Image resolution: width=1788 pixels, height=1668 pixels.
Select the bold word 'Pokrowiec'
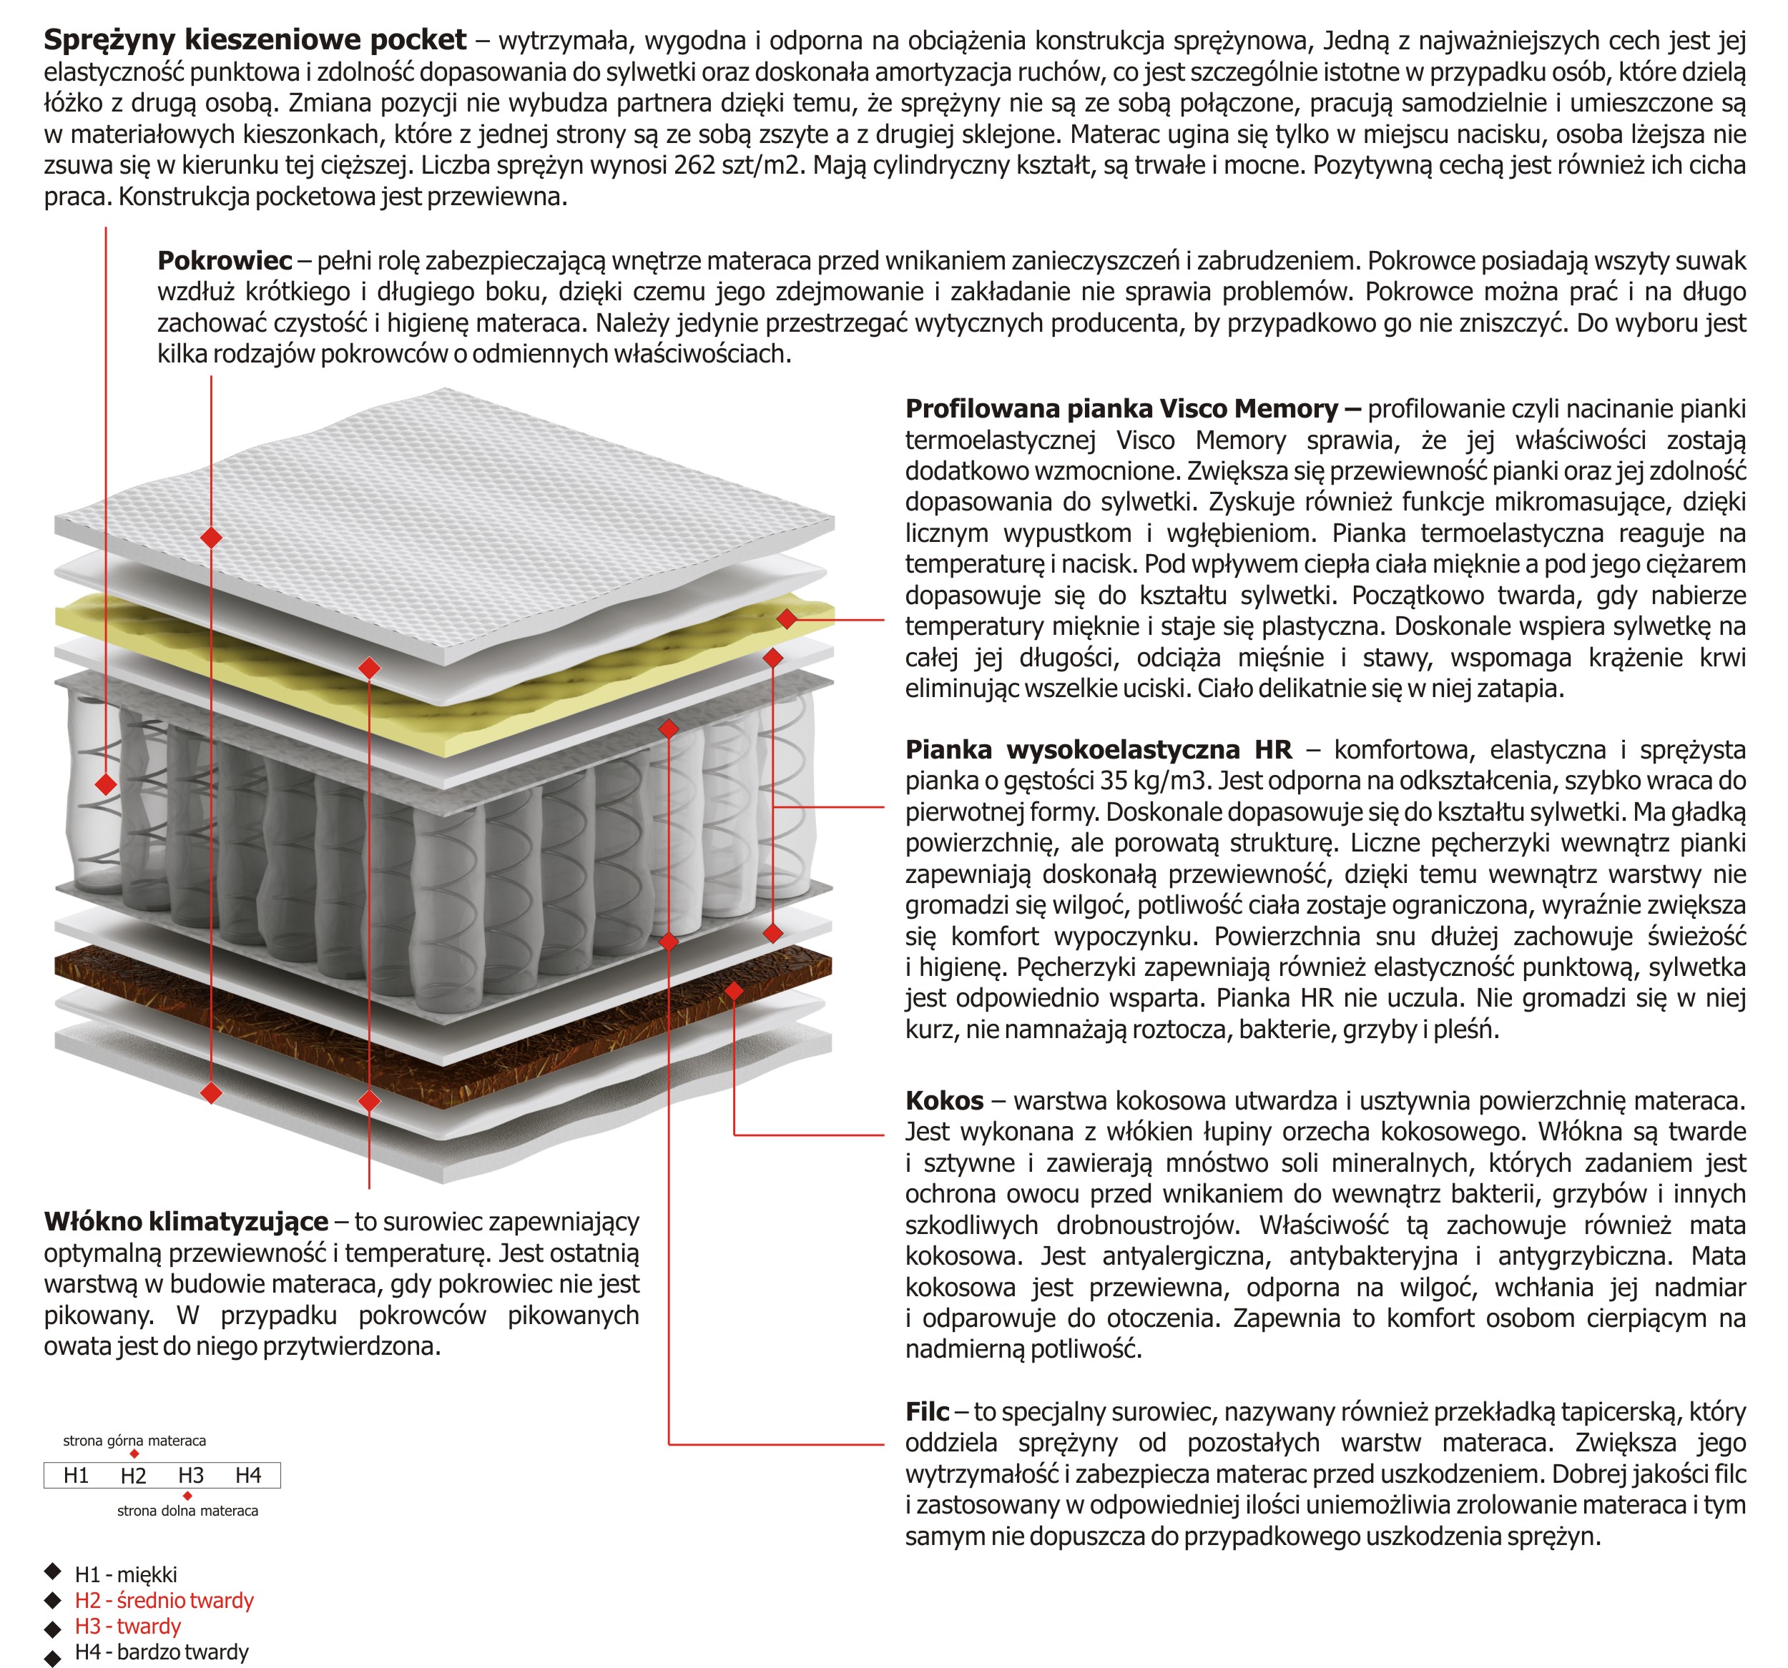coord(225,261)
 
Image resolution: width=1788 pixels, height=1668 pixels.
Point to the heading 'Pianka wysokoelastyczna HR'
coord(1098,750)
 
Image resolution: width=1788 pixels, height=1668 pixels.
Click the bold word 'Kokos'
coord(944,1100)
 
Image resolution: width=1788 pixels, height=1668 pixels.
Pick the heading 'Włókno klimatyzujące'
coord(186,1222)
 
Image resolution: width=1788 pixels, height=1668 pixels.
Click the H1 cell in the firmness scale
coord(76,1476)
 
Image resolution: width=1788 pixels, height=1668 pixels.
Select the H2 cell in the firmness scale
coord(133,1476)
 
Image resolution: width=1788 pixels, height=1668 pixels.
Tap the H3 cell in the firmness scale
coord(191,1476)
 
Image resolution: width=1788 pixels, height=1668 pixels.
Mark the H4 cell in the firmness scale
coord(248,1476)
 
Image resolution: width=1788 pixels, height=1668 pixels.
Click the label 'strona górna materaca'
coord(134,1441)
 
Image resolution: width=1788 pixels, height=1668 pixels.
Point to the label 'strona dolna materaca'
coord(187,1511)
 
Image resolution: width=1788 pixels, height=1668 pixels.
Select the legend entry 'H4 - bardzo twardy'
coord(162,1652)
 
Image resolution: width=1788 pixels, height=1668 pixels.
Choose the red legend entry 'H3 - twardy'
coord(128,1626)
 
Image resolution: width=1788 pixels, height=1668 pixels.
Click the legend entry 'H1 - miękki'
coord(126,1574)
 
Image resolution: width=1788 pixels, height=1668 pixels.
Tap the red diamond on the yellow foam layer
coord(787,618)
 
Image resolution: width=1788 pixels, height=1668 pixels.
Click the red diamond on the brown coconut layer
coord(734,991)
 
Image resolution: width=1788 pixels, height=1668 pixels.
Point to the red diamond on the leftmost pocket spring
coord(106,784)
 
